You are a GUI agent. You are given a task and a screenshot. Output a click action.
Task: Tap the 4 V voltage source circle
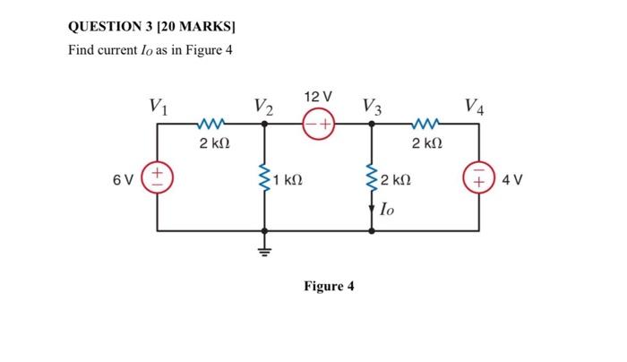tap(477, 176)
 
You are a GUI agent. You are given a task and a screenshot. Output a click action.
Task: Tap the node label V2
tap(263, 107)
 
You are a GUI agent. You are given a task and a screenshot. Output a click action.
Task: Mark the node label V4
tap(476, 107)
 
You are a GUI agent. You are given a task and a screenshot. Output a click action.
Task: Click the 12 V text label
tap(318, 96)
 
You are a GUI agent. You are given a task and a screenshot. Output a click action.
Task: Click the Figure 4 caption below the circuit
tap(329, 287)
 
